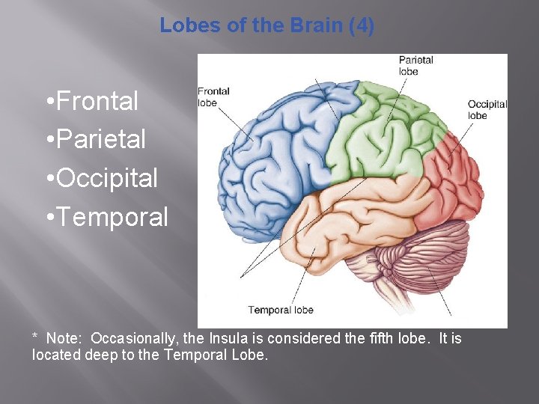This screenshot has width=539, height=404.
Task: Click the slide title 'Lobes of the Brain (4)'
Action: pos(267,26)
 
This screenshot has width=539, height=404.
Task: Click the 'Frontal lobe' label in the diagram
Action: pos(213,97)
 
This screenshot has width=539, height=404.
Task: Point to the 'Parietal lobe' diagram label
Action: pos(415,66)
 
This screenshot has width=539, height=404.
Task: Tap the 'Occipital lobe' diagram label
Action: pos(487,110)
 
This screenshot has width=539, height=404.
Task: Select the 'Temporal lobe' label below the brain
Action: pos(281,310)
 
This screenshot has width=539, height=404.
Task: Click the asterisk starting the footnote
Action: pos(35,337)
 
